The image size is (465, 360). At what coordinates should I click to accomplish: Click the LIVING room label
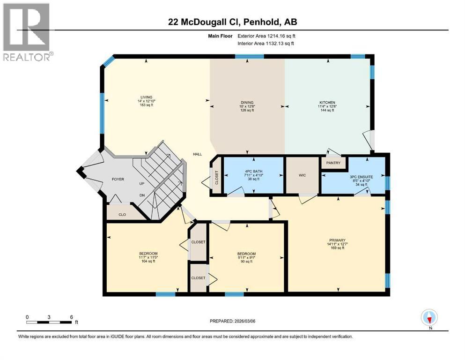(146, 97)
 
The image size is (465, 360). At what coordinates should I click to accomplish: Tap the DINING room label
(247, 102)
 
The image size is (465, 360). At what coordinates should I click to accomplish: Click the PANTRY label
(332, 163)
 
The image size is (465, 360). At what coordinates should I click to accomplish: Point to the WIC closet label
(302, 175)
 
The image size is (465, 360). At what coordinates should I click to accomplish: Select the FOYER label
(117, 179)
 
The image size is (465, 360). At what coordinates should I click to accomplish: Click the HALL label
(198, 154)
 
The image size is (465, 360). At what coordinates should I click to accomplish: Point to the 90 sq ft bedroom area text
(246, 262)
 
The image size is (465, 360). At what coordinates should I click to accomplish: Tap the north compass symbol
(429, 318)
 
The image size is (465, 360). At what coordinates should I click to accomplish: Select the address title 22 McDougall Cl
(232, 22)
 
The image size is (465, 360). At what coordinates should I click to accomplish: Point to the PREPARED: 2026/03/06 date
(232, 321)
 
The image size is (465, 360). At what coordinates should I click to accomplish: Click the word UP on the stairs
(141, 184)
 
